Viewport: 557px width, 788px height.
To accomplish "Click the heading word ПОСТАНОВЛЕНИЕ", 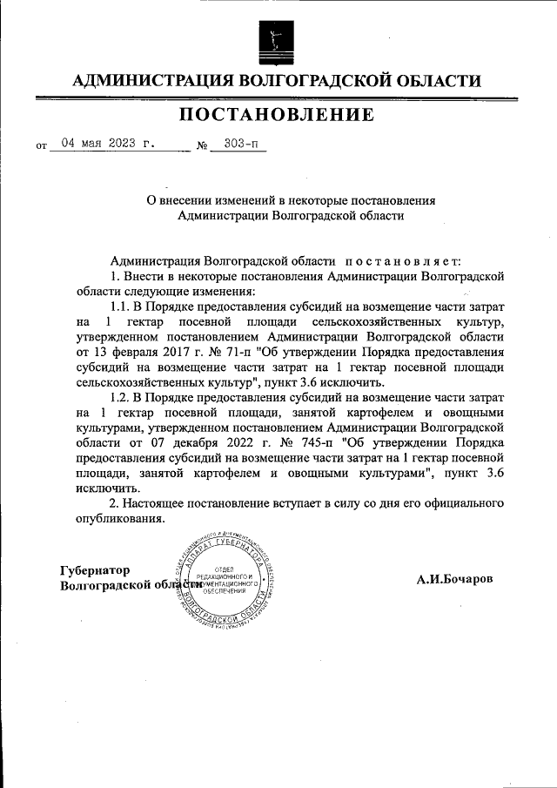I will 278,114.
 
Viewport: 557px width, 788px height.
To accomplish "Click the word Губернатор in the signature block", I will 96,570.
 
